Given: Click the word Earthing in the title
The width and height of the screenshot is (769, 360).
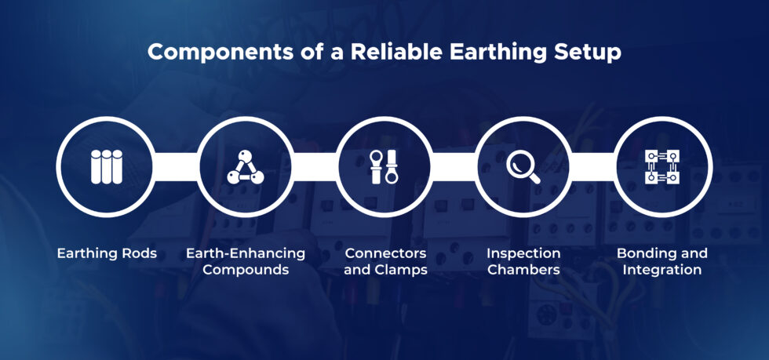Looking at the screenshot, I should pyautogui.click(x=486, y=53).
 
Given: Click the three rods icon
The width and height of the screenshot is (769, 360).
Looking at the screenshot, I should pyautogui.click(x=106, y=167).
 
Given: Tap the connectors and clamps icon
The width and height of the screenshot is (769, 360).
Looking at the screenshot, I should pyautogui.click(x=384, y=167).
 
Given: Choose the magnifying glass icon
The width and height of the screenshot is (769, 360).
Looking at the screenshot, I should pyautogui.click(x=523, y=167).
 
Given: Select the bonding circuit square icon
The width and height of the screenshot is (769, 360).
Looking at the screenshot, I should pyautogui.click(x=662, y=167).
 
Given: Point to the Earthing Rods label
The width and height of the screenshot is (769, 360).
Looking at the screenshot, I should pyautogui.click(x=106, y=254).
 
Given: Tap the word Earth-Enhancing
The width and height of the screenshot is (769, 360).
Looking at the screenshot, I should pyautogui.click(x=245, y=254).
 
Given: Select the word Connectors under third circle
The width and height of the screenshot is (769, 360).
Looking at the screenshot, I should pyautogui.click(x=385, y=254).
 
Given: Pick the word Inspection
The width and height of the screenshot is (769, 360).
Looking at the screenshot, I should pyautogui.click(x=523, y=254).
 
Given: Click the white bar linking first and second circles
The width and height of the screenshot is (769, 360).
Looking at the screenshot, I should pyautogui.click(x=175, y=165).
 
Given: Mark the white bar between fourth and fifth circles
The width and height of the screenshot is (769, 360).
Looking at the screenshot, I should pyautogui.click(x=592, y=165).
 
